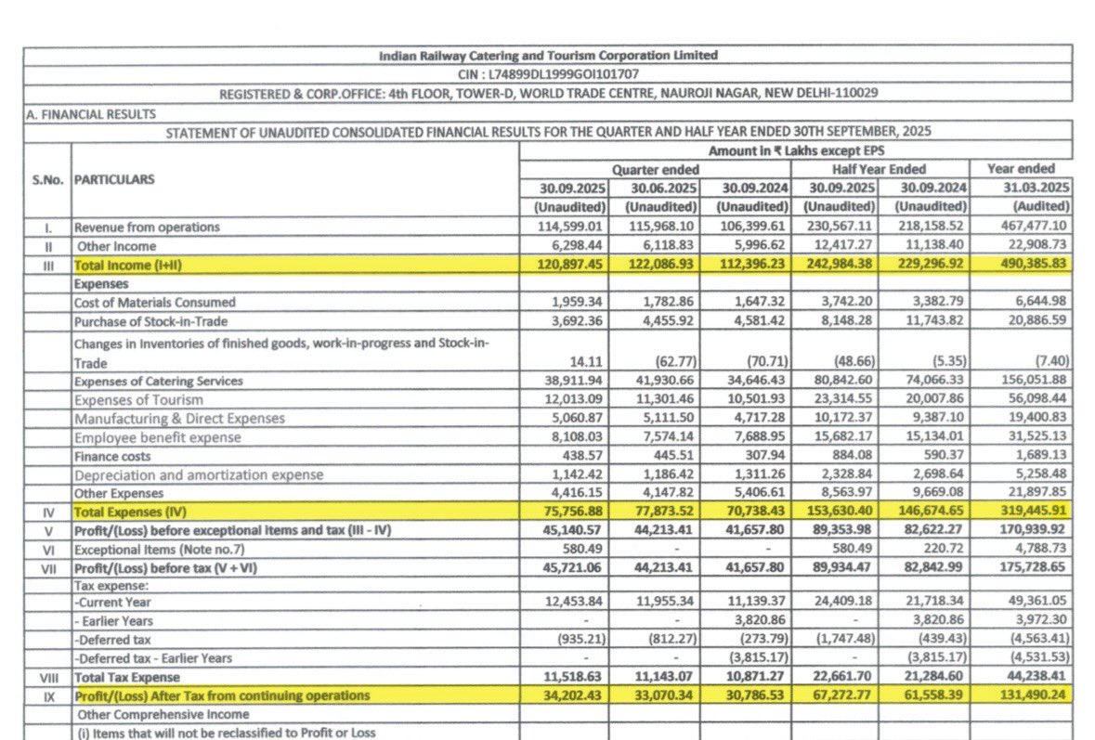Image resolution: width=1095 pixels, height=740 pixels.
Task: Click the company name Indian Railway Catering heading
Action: coord(548,56)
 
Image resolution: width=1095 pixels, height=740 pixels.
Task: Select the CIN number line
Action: coord(548,74)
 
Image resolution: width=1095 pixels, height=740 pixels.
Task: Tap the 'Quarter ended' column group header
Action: coord(655,169)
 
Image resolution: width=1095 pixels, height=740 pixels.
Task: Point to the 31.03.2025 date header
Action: coord(1026,188)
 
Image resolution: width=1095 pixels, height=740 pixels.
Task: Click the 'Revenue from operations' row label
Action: coord(147,227)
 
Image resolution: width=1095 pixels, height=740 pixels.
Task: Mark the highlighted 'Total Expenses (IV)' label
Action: coord(127,512)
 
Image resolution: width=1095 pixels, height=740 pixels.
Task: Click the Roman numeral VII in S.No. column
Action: coord(46,567)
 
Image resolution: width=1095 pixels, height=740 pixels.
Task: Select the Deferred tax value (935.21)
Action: coord(577,640)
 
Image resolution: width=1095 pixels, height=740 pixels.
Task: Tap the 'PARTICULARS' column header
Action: coord(114,179)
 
